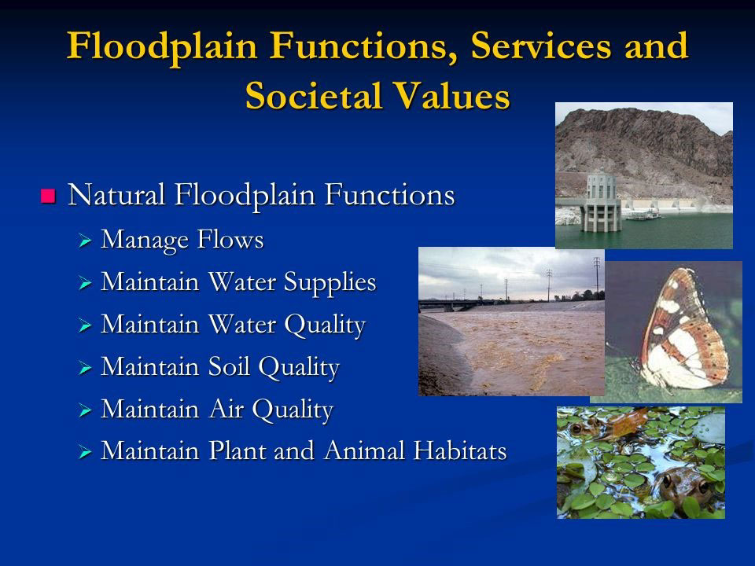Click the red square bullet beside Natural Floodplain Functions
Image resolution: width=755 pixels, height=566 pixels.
pyautogui.click(x=49, y=196)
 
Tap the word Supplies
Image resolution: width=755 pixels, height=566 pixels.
pyautogui.click(x=330, y=282)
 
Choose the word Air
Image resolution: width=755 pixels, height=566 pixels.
pyautogui.click(x=235, y=410)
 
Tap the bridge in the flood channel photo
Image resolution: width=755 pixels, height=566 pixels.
pyautogui.click(x=472, y=303)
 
